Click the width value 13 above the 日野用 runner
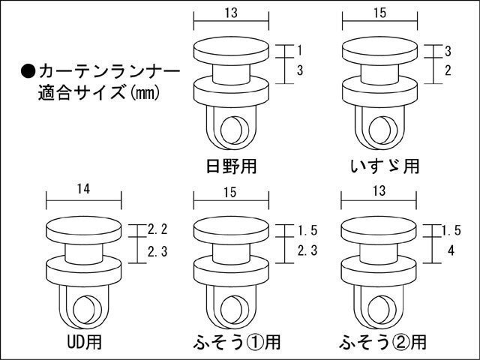coord(231,12)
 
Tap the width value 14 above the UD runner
coord(84,190)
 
